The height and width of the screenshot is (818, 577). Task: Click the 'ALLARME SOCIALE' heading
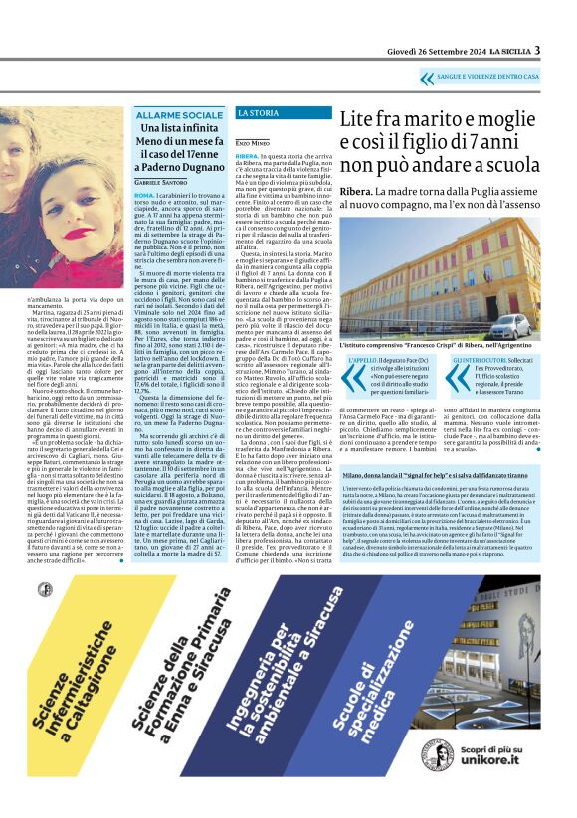tap(180, 116)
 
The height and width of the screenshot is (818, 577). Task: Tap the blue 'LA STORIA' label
tap(258, 113)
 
